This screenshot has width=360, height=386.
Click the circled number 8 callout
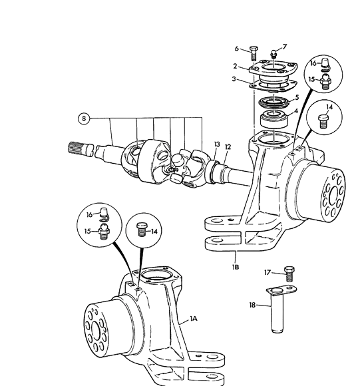(84, 118)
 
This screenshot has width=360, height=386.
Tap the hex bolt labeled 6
(254, 53)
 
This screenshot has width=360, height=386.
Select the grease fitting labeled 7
(273, 54)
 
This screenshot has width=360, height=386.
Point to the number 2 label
(236, 67)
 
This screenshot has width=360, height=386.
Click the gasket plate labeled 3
(273, 85)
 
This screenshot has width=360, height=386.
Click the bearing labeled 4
(274, 119)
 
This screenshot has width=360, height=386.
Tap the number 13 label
(217, 144)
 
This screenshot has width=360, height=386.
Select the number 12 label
(228, 147)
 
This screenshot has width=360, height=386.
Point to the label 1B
(236, 267)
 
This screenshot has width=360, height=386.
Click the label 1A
(194, 319)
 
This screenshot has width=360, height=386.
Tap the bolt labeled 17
(289, 274)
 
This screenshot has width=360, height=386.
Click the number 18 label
(252, 305)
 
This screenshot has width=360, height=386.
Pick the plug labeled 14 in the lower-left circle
(142, 229)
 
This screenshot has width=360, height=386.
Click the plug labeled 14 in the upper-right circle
(323, 121)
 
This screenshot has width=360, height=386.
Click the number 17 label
(268, 272)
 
